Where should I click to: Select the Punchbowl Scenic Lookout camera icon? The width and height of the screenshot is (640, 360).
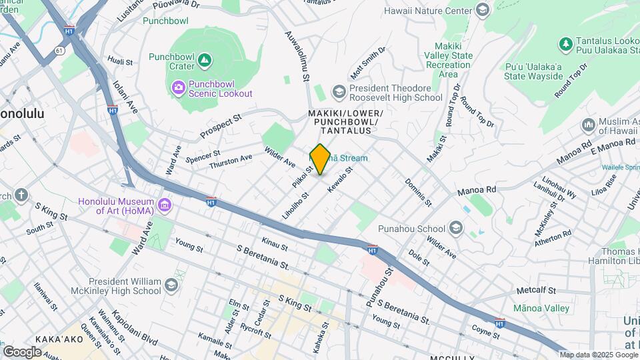[x=178, y=87]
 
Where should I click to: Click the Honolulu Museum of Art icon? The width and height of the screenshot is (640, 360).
[x=164, y=203]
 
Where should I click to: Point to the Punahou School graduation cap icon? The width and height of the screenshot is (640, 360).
[x=455, y=229]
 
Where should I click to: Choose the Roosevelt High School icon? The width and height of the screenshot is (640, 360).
[x=339, y=91]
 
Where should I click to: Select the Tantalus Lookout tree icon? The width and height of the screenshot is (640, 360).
[x=566, y=44]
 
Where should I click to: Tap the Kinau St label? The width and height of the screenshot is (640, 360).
[x=275, y=247]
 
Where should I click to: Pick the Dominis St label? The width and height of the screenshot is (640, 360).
[x=418, y=192]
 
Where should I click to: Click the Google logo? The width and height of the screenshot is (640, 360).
[x=23, y=351]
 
